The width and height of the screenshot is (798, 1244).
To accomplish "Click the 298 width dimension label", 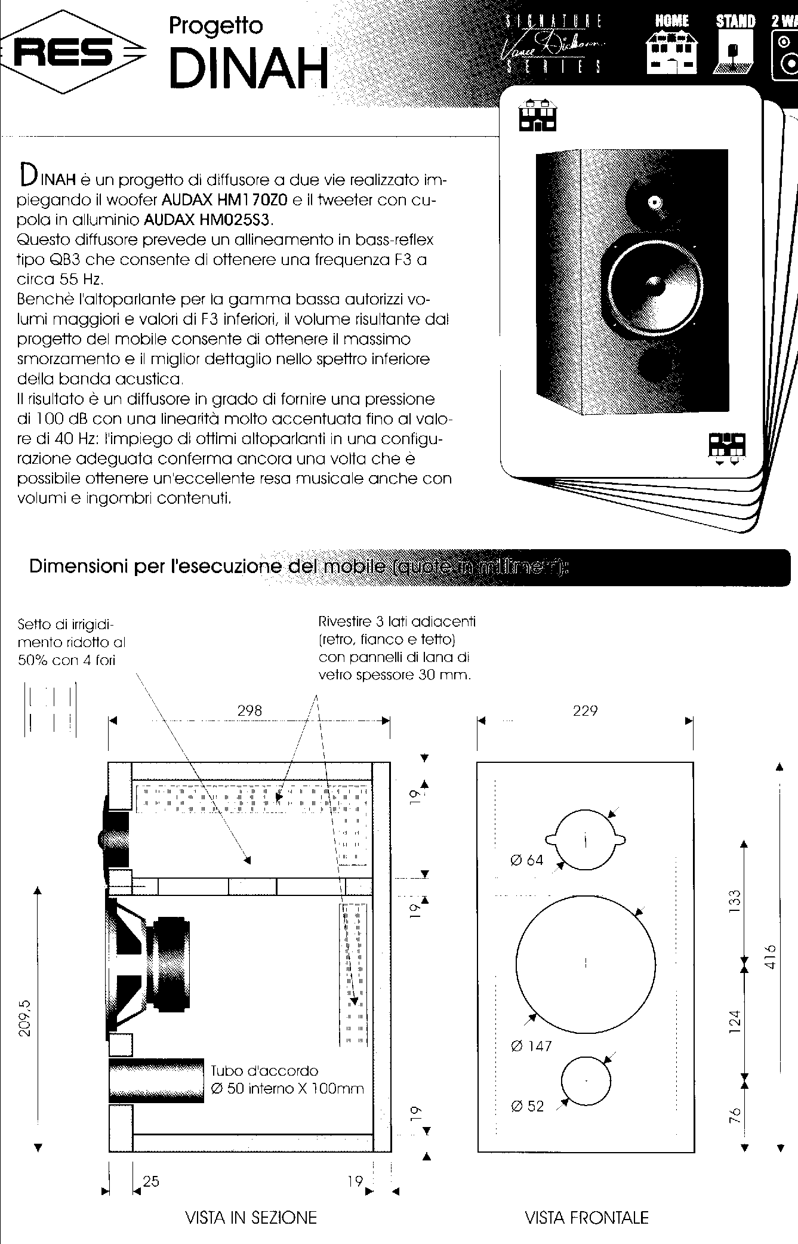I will pyautogui.click(x=249, y=710).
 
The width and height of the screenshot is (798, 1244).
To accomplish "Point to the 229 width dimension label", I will pyautogui.click(x=585, y=710).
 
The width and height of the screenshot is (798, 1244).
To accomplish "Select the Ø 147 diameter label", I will pyautogui.click(x=531, y=1046).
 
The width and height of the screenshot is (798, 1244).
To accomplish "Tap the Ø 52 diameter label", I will pyautogui.click(x=528, y=1106).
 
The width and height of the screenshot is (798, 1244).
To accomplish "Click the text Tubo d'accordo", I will pyautogui.click(x=264, y=1070).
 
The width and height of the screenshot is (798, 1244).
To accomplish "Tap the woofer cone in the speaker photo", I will pyautogui.click(x=652, y=284).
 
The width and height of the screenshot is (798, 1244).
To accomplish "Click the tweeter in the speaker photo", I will pyautogui.click(x=655, y=201).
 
